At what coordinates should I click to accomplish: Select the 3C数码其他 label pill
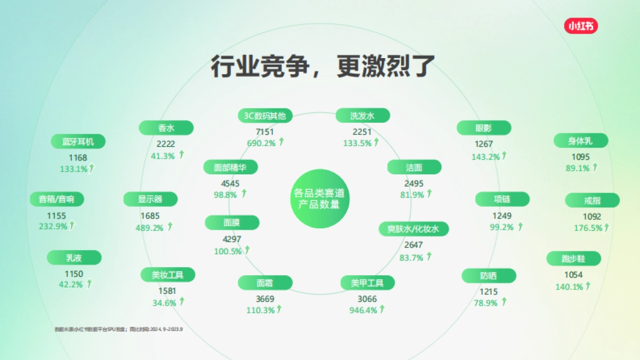(265, 115)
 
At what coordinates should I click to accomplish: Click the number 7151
(265, 132)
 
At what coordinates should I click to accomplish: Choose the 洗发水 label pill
(363, 115)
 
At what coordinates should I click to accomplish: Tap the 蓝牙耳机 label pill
(78, 141)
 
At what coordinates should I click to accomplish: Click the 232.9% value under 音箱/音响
(53, 226)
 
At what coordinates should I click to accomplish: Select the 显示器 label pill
(150, 199)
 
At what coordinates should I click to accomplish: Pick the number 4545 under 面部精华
(231, 183)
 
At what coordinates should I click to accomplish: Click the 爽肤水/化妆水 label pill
(414, 229)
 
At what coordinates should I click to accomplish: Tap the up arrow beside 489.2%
(170, 227)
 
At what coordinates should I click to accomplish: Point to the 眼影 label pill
(484, 128)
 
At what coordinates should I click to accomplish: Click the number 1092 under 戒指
(592, 217)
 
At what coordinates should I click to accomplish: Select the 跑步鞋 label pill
(573, 259)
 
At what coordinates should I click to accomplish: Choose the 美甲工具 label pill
(367, 283)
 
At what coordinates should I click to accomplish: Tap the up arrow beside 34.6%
(181, 302)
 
